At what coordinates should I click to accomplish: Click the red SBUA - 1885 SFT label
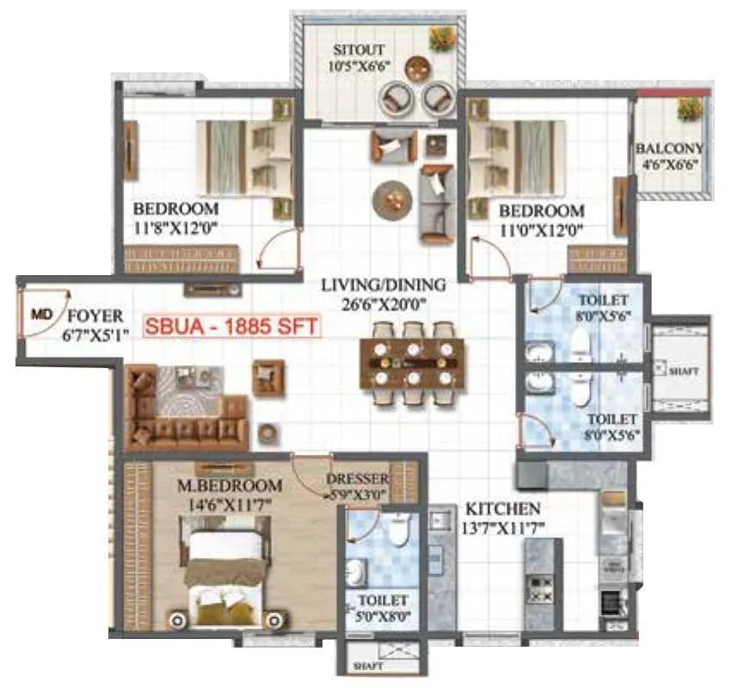coord(230,327)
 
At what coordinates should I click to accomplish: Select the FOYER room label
coord(95,316)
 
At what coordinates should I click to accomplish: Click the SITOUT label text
coord(360,48)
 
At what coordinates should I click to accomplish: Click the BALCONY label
coord(670,148)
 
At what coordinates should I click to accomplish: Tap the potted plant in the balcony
coord(689,108)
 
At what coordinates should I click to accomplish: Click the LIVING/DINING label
coord(384,285)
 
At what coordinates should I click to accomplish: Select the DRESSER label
coord(358,479)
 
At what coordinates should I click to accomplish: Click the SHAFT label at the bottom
coord(371,666)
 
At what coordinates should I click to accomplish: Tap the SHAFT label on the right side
coord(685,371)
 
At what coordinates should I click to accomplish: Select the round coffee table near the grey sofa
coord(391,199)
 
